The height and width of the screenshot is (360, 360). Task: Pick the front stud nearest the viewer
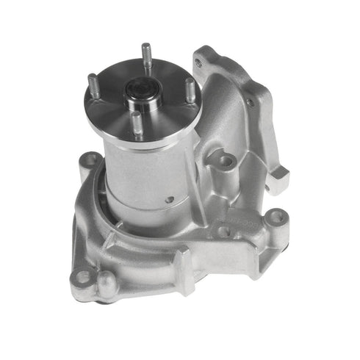[x=137, y=121]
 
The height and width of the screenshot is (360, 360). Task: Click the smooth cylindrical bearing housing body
[x=140, y=176]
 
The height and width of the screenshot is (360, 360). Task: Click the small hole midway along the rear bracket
[x=251, y=102]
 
